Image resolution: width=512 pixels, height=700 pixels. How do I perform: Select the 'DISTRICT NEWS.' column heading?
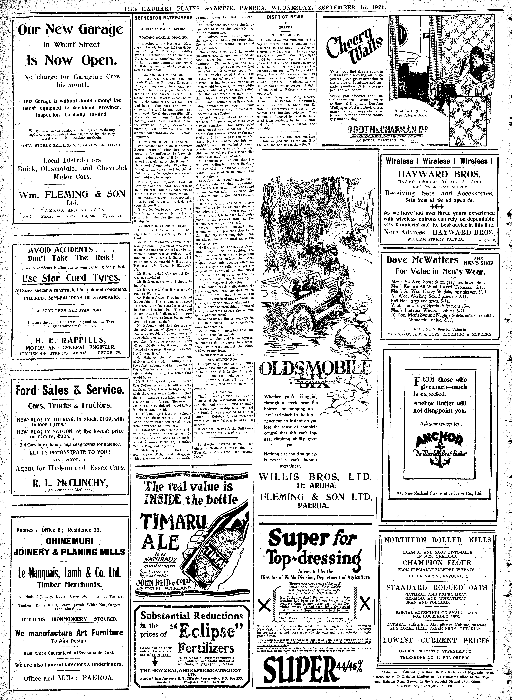point(282,17)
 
